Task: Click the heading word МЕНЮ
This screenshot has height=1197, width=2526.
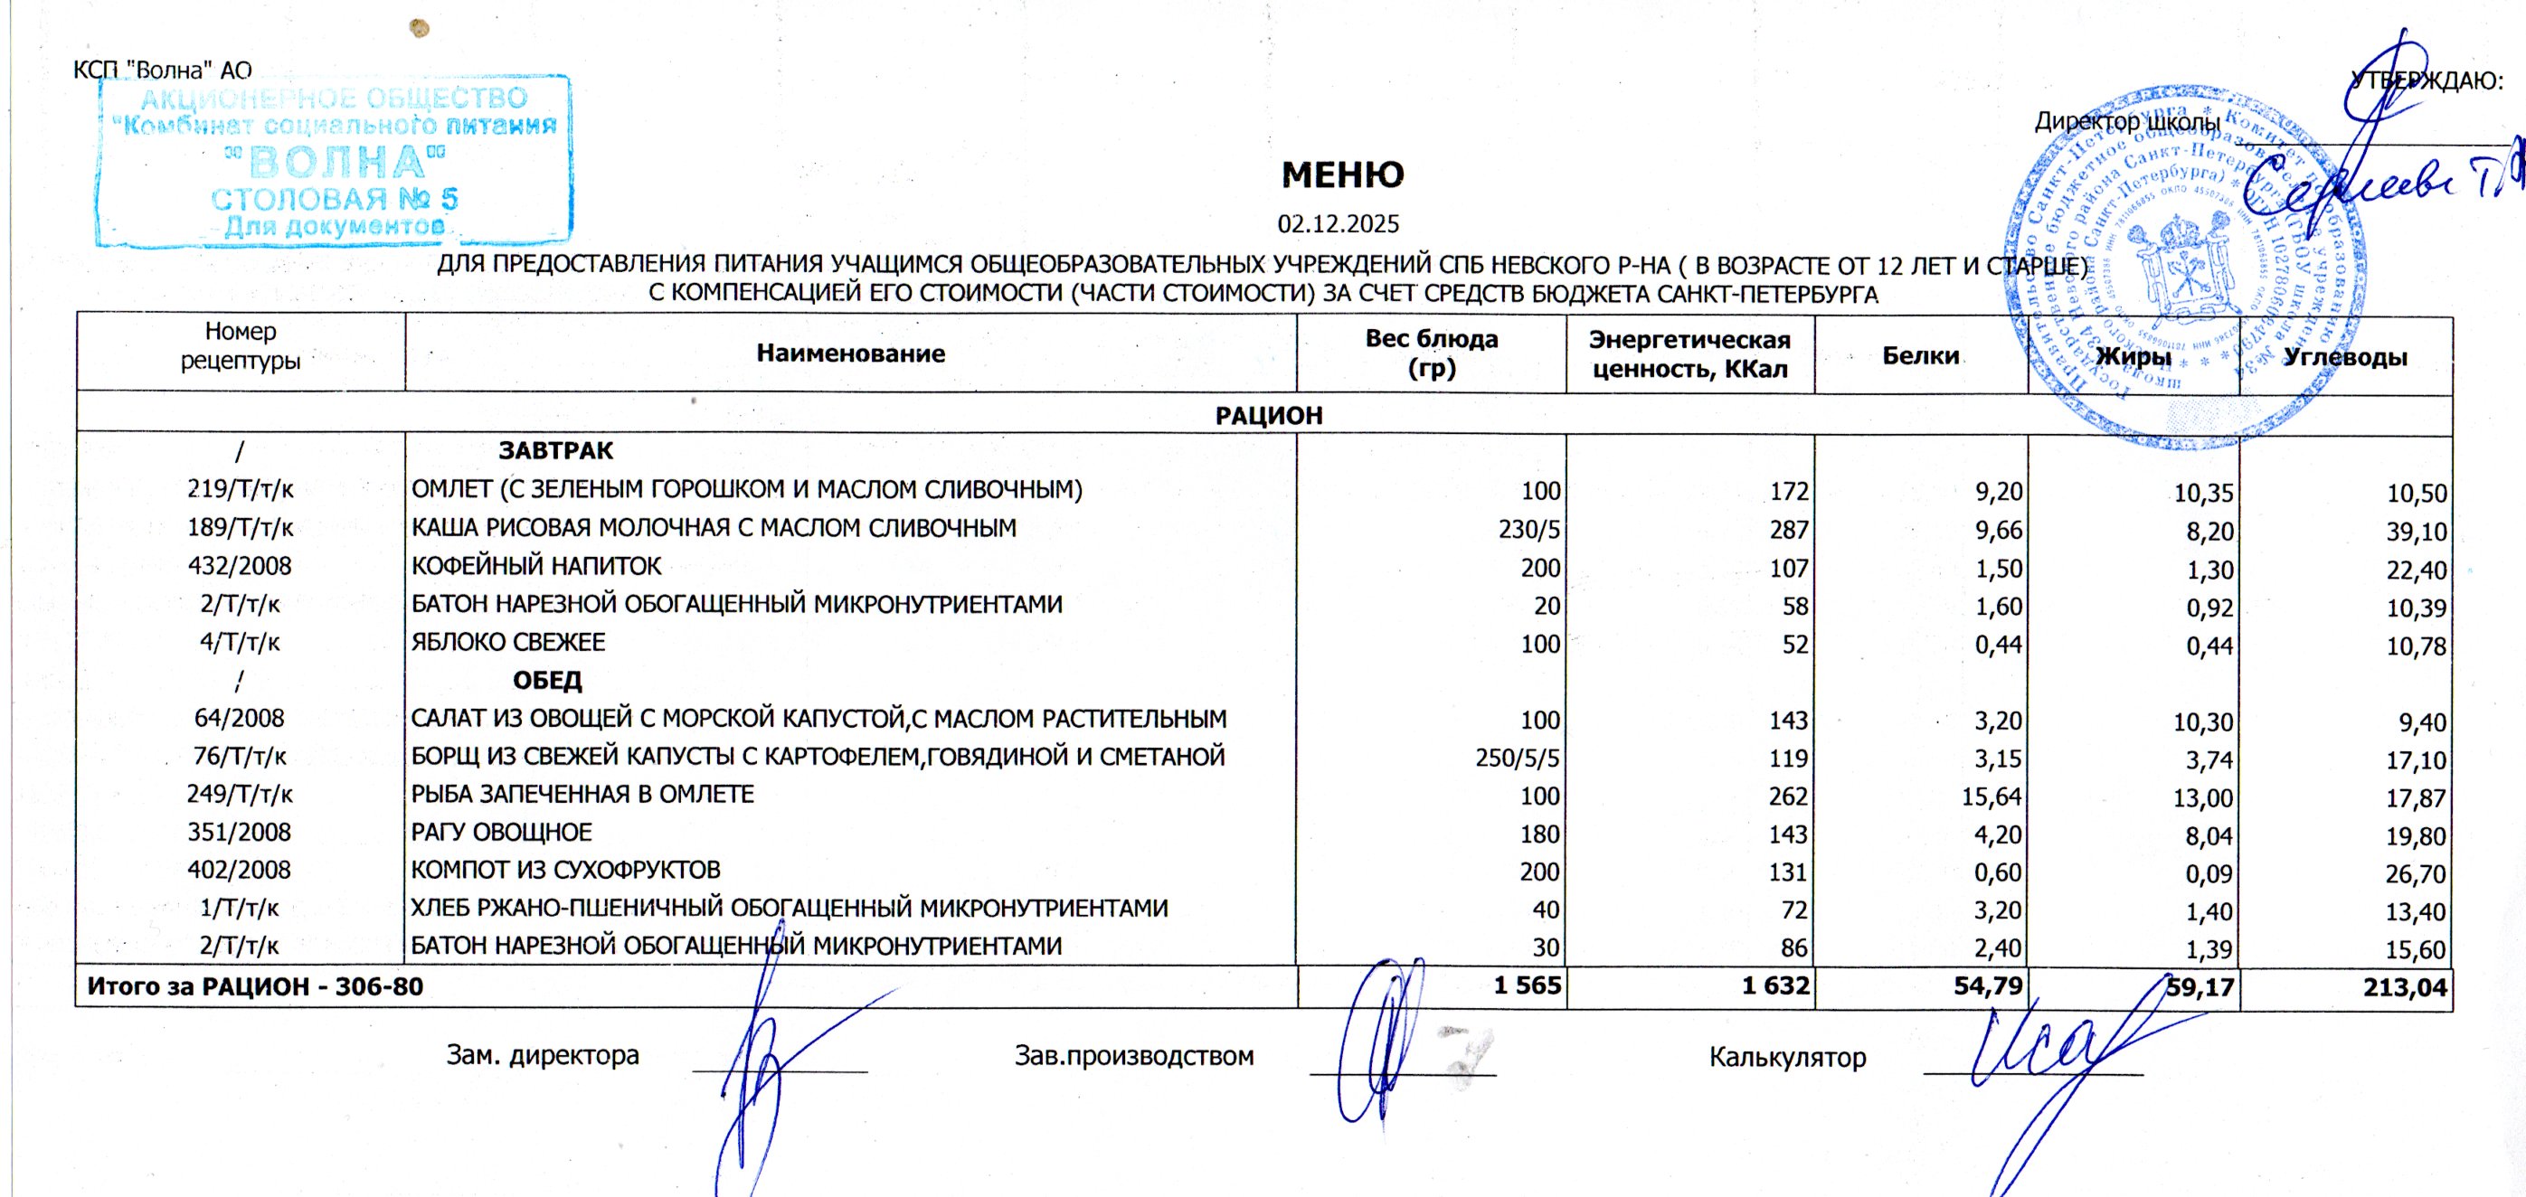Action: pyautogui.click(x=1342, y=175)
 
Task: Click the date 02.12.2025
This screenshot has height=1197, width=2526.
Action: pyautogui.click(x=1338, y=224)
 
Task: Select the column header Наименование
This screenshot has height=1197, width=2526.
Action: pyautogui.click(x=850, y=353)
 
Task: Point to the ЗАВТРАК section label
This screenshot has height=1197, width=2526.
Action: pyautogui.click(x=555, y=451)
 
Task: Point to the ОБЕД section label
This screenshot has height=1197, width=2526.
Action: pyautogui.click(x=547, y=681)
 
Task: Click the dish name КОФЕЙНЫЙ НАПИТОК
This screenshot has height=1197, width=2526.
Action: pyautogui.click(x=536, y=567)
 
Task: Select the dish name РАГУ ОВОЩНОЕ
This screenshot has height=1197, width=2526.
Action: pyautogui.click(x=501, y=833)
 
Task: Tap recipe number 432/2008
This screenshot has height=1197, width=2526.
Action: pyautogui.click(x=240, y=567)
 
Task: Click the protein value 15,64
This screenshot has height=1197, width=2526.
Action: pyautogui.click(x=1991, y=796)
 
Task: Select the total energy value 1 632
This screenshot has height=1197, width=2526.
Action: pyautogui.click(x=1774, y=985)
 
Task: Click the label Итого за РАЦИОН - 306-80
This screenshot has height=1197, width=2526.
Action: pyautogui.click(x=255, y=986)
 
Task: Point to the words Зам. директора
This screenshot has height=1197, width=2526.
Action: pyautogui.click(x=543, y=1056)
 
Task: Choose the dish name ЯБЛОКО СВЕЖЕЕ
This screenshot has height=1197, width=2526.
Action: pyautogui.click(x=508, y=643)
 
